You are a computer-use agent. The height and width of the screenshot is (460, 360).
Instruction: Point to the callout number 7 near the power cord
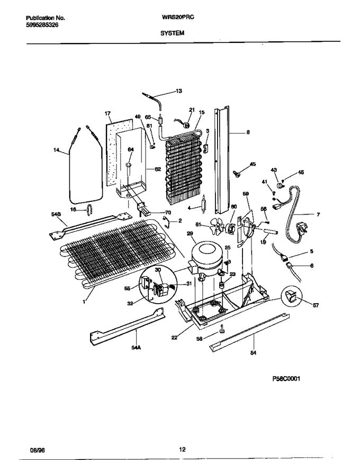tap(318, 214)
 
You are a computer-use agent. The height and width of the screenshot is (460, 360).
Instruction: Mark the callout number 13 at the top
tap(178, 91)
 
